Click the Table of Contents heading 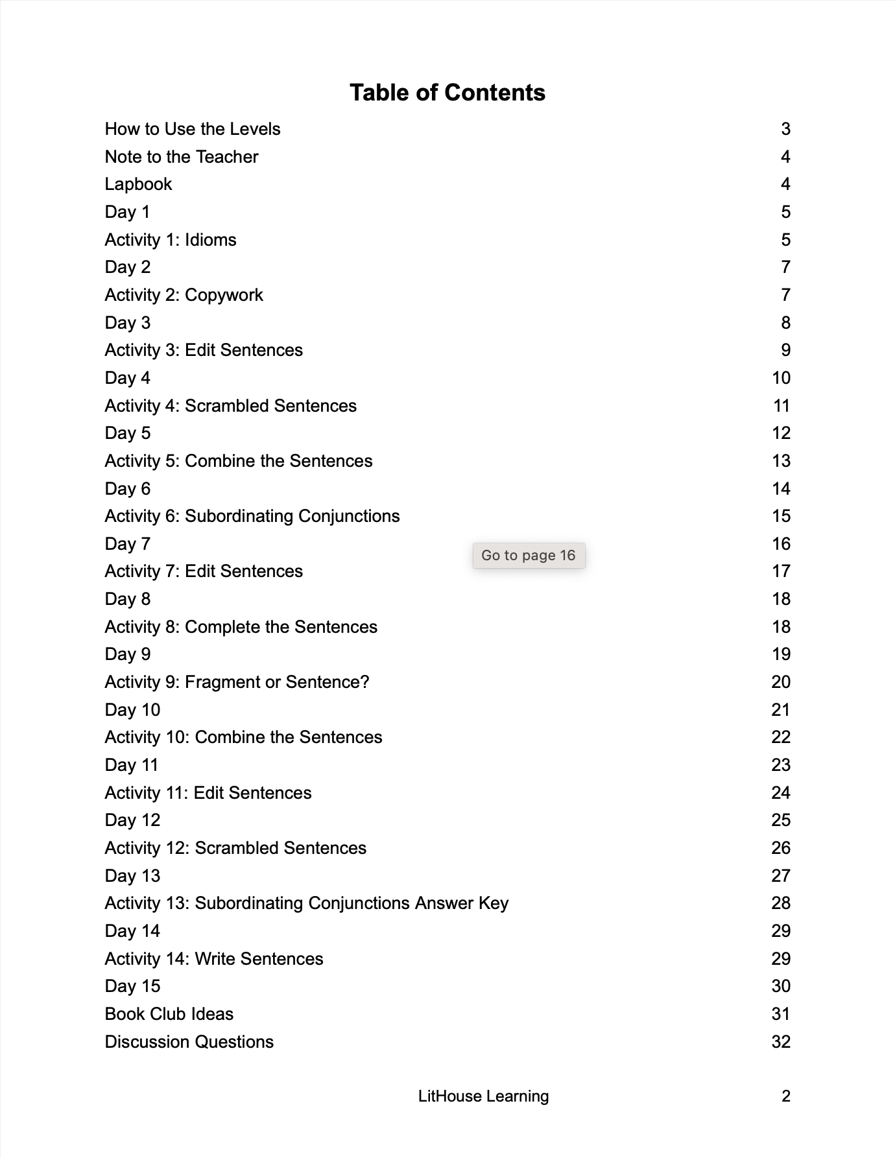click(447, 93)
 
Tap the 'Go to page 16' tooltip click(529, 556)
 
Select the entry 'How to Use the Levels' click(193, 129)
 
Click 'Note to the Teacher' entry click(182, 157)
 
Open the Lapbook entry click(138, 184)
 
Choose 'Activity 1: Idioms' click(171, 240)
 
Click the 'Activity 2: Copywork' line click(184, 295)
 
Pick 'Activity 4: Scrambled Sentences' click(230, 406)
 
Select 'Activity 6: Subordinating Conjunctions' click(252, 516)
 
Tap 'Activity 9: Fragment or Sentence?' click(237, 682)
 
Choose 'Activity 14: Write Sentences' click(214, 959)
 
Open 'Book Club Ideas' click(169, 1014)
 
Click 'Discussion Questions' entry click(189, 1042)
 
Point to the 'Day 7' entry click(127, 544)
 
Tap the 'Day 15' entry click(132, 986)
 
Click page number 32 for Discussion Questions click(781, 1042)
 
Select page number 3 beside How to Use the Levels click(785, 129)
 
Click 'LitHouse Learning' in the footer click(483, 1096)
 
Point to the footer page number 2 click(785, 1096)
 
